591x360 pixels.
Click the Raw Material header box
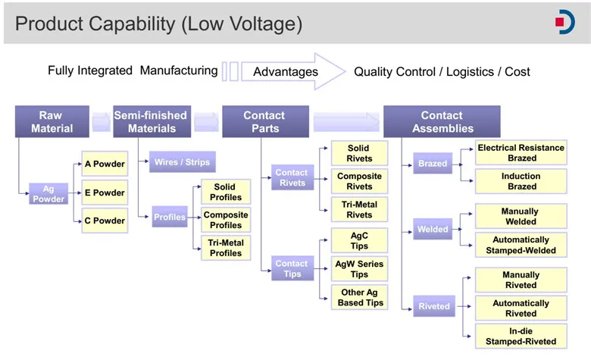pyautogui.click(x=52, y=121)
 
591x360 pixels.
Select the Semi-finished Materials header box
pyautogui.click(x=152, y=121)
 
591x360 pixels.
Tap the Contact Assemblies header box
pyautogui.click(x=442, y=121)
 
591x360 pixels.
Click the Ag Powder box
pyautogui.click(x=48, y=194)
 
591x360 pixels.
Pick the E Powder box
pyautogui.click(x=105, y=193)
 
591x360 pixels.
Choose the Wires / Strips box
pyautogui.click(x=183, y=161)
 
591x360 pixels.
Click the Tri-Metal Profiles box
pyautogui.click(x=226, y=248)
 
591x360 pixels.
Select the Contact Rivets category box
pyautogui.click(x=292, y=177)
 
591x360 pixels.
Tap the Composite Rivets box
pyautogui.click(x=359, y=181)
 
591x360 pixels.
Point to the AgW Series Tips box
pyautogui.click(x=359, y=269)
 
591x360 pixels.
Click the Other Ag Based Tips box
pyautogui.click(x=359, y=297)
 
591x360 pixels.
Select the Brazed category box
pyautogui.click(x=433, y=163)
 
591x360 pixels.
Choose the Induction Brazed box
pyautogui.click(x=521, y=181)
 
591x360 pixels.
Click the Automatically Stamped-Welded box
pyautogui.click(x=521, y=245)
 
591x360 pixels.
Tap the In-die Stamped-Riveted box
pyautogui.click(x=521, y=337)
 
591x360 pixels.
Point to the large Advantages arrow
pyautogui.click(x=293, y=71)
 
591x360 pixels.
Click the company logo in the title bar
pyautogui.click(x=565, y=22)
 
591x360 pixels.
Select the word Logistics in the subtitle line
pyautogui.click(x=470, y=72)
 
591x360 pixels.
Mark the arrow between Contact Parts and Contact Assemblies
pyautogui.click(x=346, y=122)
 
